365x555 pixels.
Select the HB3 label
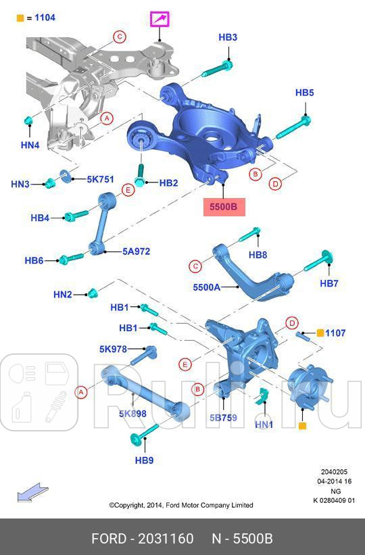(x=228, y=38)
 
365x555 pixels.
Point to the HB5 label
(x=305, y=93)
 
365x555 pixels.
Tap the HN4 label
(x=30, y=145)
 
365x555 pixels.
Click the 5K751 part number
(x=100, y=179)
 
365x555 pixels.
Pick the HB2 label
(x=168, y=183)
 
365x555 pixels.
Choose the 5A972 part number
(x=136, y=251)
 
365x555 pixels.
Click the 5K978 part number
(x=113, y=349)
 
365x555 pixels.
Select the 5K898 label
(x=132, y=413)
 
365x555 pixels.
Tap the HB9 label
(x=144, y=460)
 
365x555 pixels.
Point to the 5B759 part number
(x=223, y=418)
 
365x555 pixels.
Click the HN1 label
(x=264, y=425)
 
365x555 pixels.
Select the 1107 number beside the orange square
(x=335, y=333)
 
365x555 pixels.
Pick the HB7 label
(x=329, y=283)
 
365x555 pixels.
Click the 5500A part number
(x=207, y=287)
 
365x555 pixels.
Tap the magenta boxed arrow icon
(x=160, y=21)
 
